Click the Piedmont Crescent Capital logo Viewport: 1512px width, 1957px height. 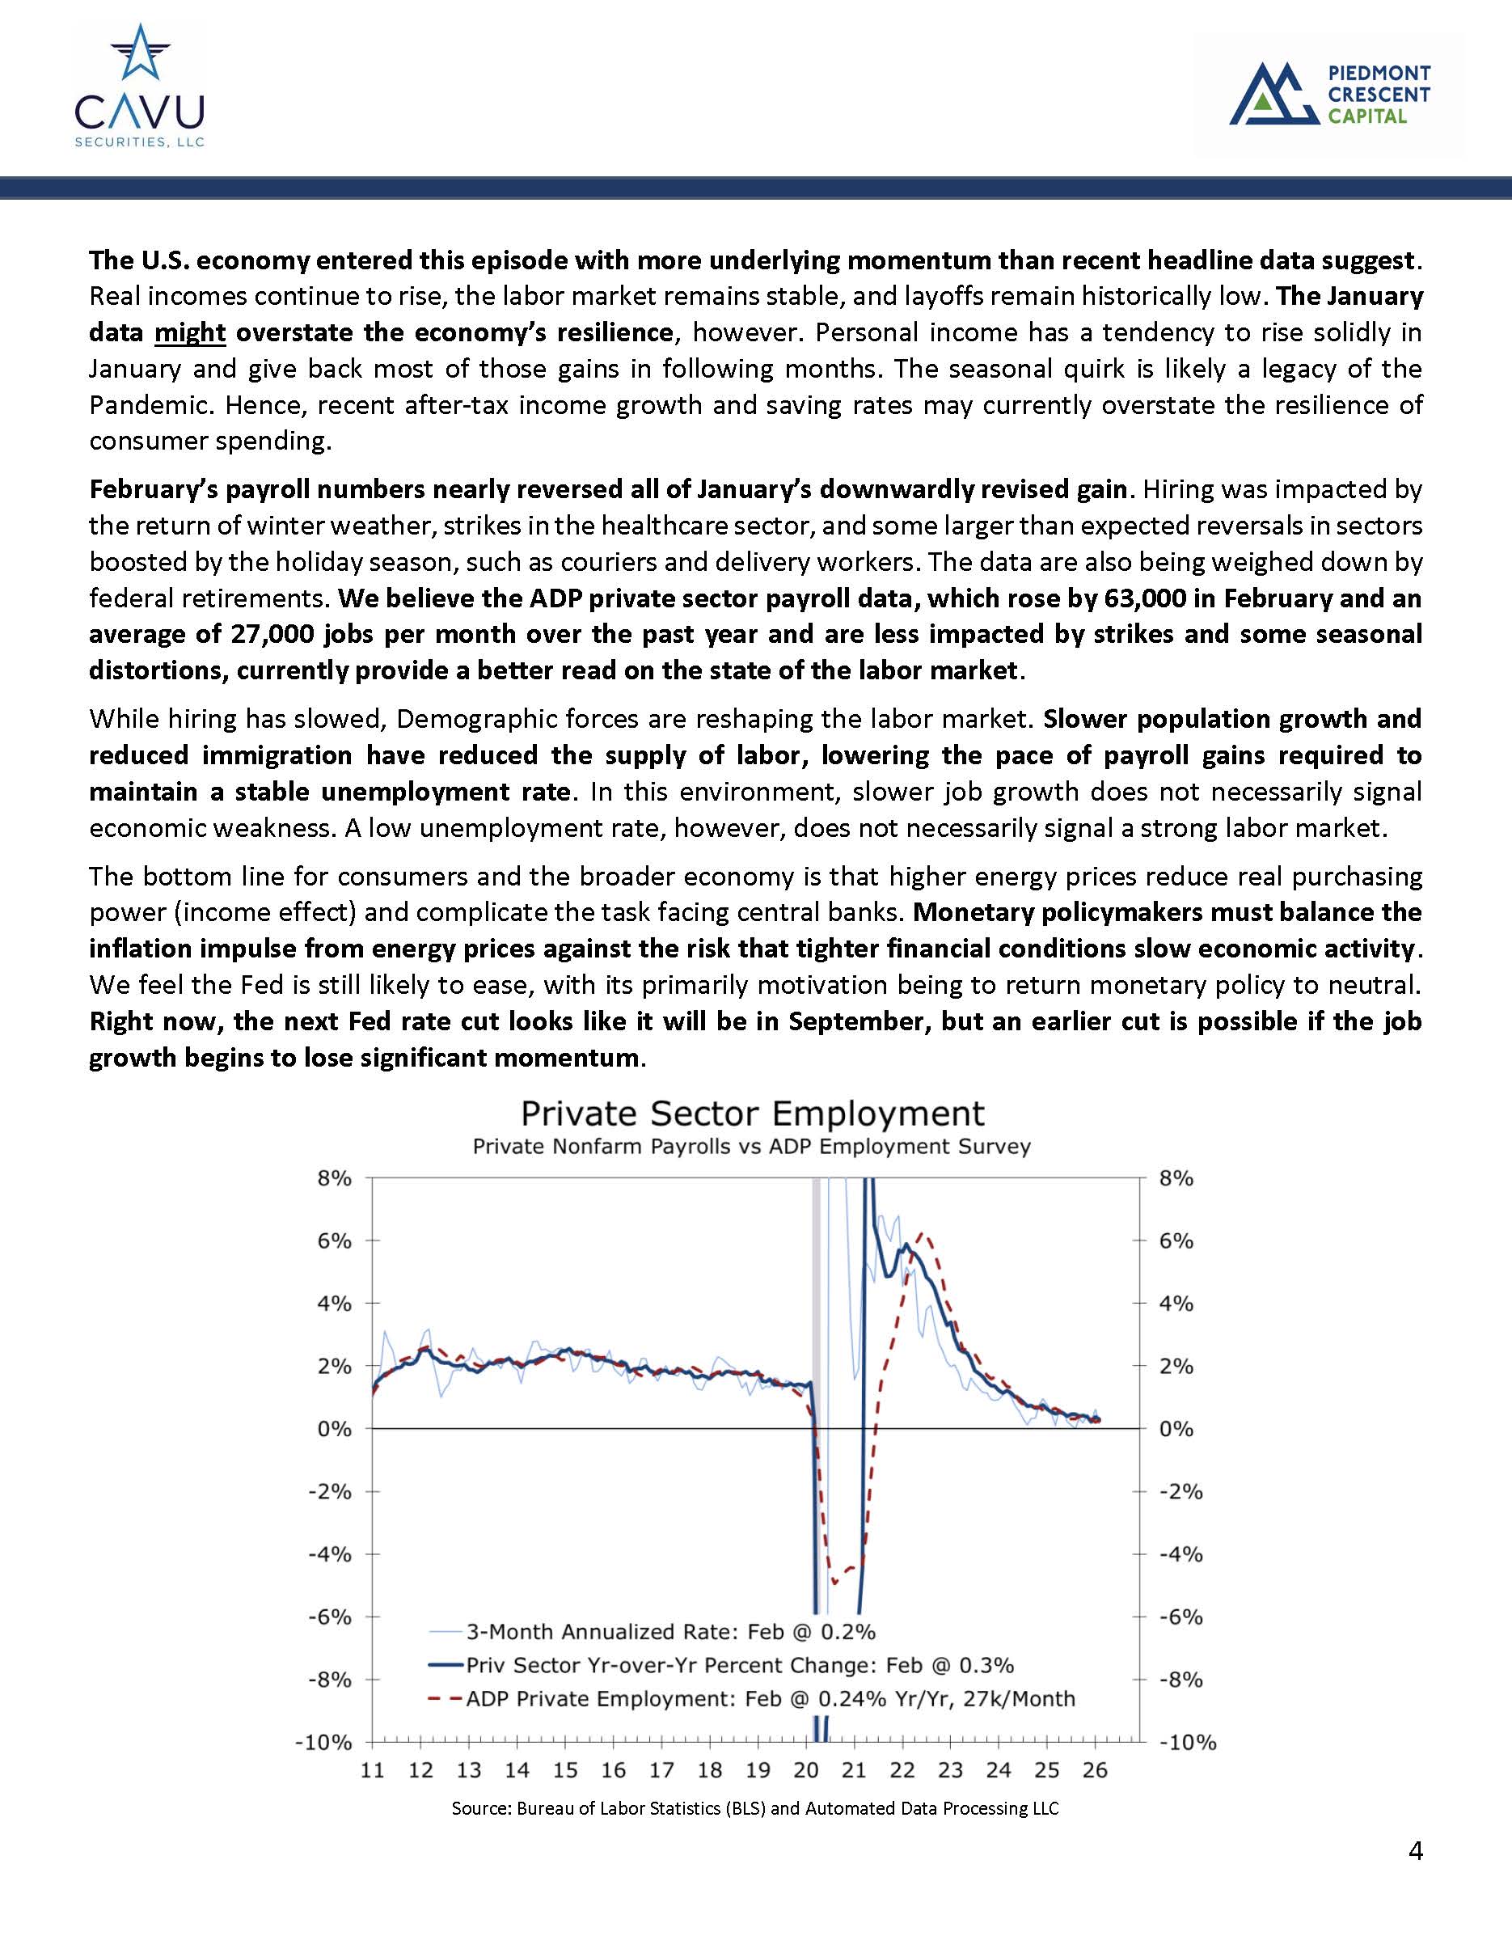[1329, 93]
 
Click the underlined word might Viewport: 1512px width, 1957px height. [189, 332]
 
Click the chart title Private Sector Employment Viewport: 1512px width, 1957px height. [753, 1114]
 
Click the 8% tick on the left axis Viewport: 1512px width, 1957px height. [334, 1178]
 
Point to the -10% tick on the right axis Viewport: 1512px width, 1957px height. [1188, 1743]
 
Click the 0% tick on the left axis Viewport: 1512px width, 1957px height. [334, 1429]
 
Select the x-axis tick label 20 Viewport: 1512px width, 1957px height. [806, 1771]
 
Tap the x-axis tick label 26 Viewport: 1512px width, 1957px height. [1096, 1771]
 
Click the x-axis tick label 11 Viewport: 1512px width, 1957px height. [372, 1771]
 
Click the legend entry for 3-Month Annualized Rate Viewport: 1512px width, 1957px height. [670, 1631]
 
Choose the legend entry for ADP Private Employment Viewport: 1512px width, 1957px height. [771, 1699]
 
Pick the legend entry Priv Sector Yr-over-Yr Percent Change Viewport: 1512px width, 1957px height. [740, 1665]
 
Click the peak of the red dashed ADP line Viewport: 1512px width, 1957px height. [924, 1236]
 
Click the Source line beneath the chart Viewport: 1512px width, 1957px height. [755, 1808]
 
